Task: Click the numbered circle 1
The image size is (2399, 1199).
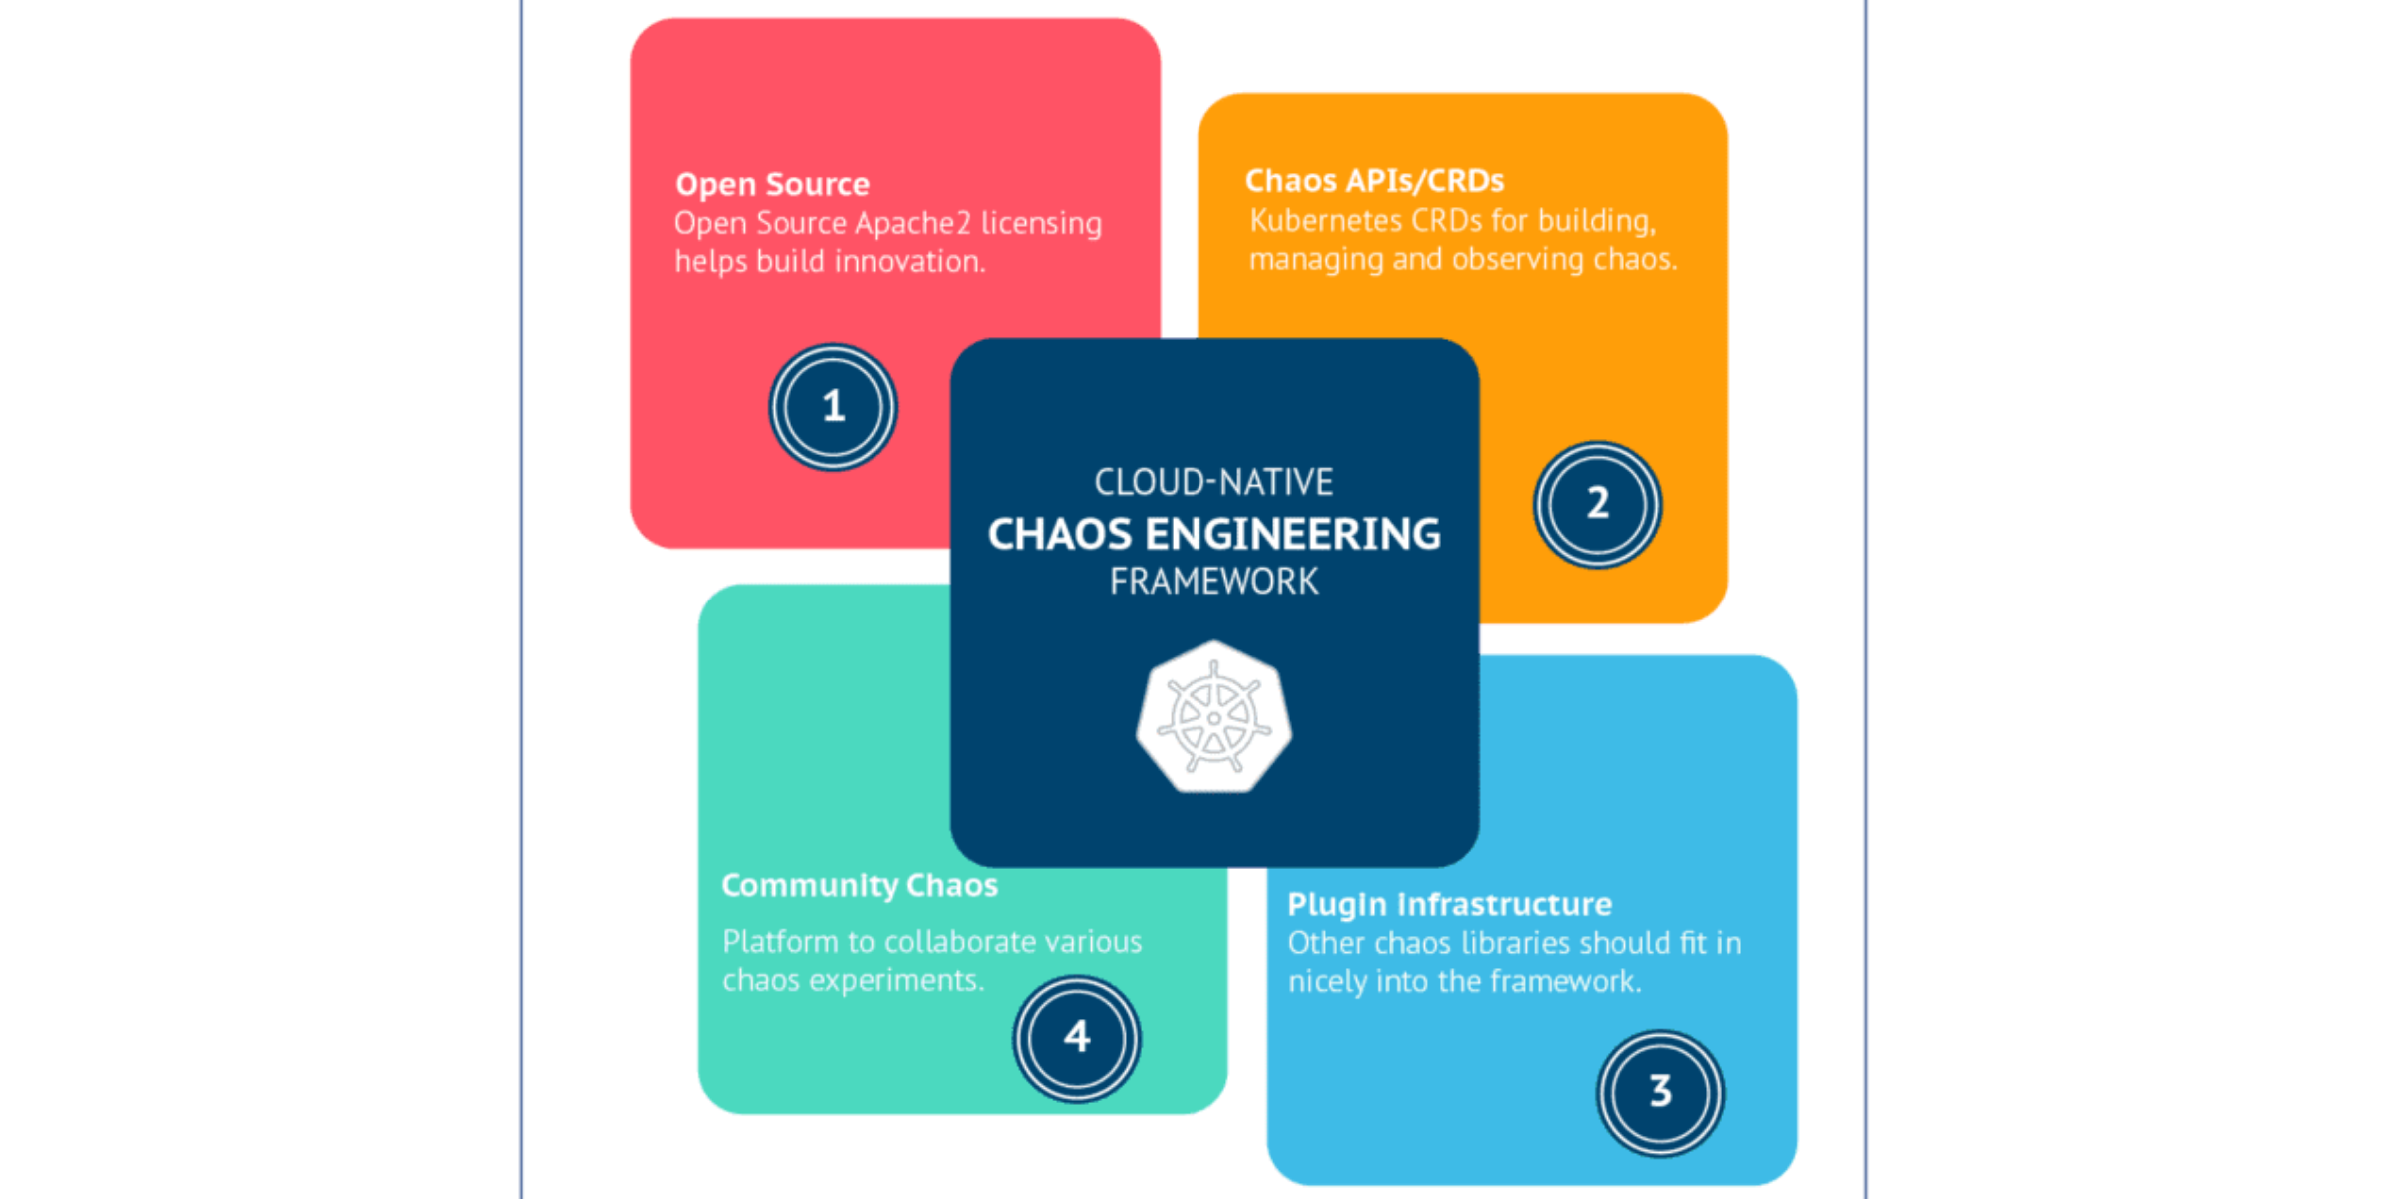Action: pyautogui.click(x=833, y=407)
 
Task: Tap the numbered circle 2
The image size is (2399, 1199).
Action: pyautogui.click(x=1597, y=504)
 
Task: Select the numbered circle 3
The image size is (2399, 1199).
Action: pyautogui.click(x=1660, y=1093)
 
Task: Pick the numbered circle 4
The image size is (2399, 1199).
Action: pyautogui.click(x=1076, y=1038)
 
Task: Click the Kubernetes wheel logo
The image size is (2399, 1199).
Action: pyautogui.click(x=1213, y=717)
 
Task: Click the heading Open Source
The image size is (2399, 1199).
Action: pyautogui.click(x=772, y=185)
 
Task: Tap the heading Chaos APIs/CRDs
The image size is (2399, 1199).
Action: pyautogui.click(x=1374, y=181)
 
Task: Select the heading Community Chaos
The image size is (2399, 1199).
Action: pyautogui.click(x=859, y=886)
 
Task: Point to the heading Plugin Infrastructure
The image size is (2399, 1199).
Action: pyautogui.click(x=1449, y=905)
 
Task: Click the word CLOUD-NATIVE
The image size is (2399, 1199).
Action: pyautogui.click(x=1213, y=483)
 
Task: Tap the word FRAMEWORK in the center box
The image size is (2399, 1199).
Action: pyautogui.click(x=1213, y=582)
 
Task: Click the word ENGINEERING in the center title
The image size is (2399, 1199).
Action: pyautogui.click(x=1292, y=535)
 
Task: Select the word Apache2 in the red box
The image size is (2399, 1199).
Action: pyautogui.click(x=913, y=224)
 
